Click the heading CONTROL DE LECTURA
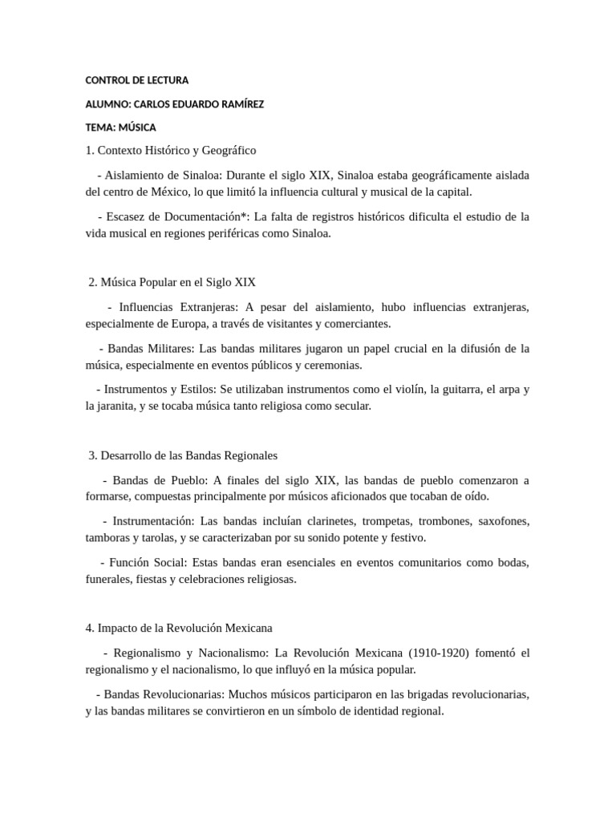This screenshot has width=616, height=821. point(137,80)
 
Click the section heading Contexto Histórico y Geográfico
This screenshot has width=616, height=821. point(178,150)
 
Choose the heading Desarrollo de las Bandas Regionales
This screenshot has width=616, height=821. point(188,455)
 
